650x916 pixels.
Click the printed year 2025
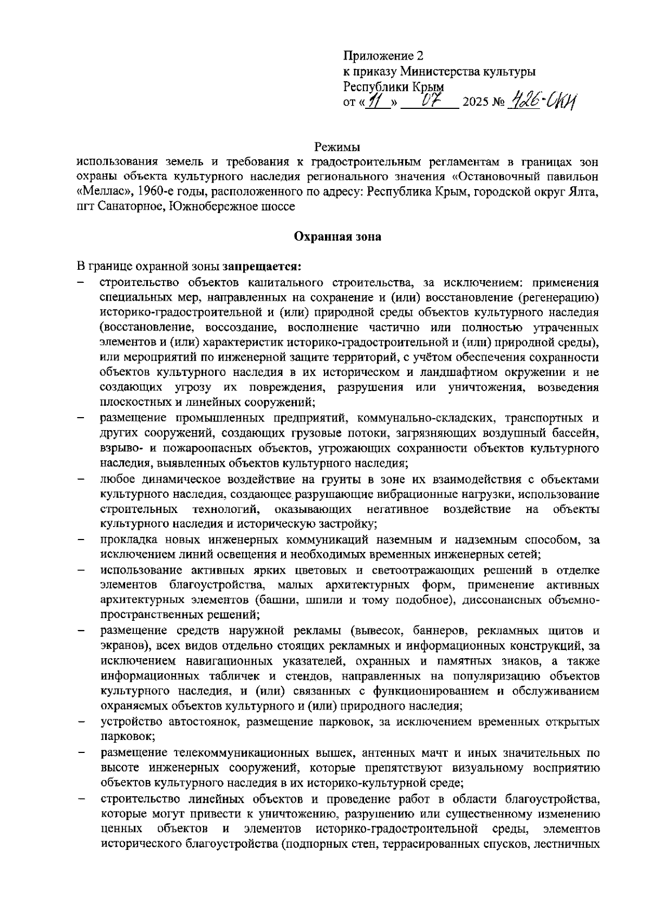(475, 102)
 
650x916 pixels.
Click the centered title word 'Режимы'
(337, 147)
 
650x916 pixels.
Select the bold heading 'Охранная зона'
(337, 237)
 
